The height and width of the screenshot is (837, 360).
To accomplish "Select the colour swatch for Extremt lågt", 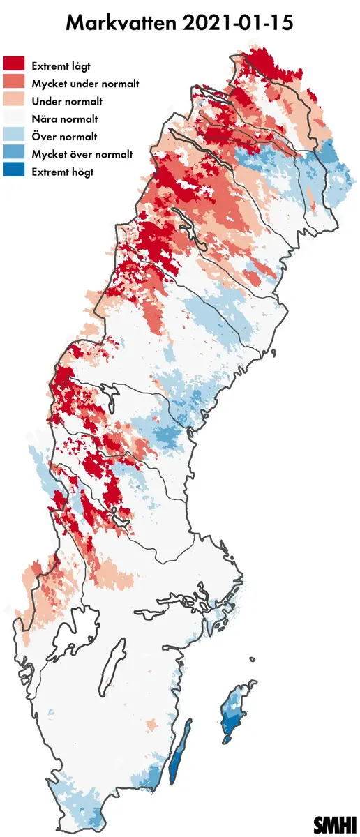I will [x=15, y=65].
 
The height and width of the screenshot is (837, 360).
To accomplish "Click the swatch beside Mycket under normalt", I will [x=15, y=83].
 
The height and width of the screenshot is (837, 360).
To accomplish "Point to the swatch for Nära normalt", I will [x=15, y=119].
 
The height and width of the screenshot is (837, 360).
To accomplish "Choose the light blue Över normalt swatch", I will [x=15, y=137].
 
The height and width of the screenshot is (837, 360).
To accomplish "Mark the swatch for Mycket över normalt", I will [x=15, y=154].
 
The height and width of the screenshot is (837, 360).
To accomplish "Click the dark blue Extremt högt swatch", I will [x=15, y=172].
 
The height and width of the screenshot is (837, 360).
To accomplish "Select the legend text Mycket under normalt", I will [x=85, y=84].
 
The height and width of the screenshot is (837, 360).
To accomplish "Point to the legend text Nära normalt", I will [x=65, y=119].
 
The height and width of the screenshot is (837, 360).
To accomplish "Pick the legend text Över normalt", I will [x=64, y=137].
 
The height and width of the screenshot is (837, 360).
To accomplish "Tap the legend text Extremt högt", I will [x=62, y=172].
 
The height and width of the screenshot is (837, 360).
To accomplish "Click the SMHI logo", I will [x=334, y=824].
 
